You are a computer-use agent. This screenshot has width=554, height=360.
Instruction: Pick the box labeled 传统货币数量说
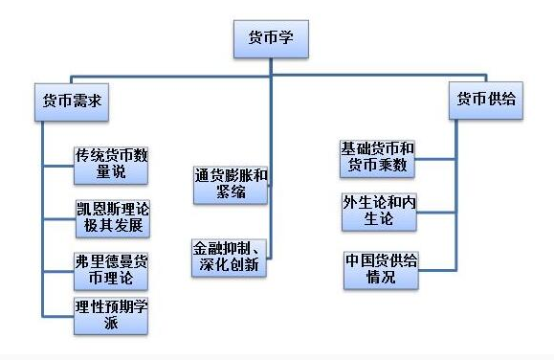pos(111,164)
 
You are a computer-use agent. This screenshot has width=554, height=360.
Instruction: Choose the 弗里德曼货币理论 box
pos(111,269)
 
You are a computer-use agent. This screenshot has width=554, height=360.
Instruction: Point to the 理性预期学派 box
pos(111,316)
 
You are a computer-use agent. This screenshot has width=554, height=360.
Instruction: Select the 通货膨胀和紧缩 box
pos(231,182)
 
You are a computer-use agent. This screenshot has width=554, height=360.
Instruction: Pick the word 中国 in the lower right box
pos(361,260)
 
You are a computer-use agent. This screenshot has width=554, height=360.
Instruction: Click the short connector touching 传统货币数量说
pos(58,165)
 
